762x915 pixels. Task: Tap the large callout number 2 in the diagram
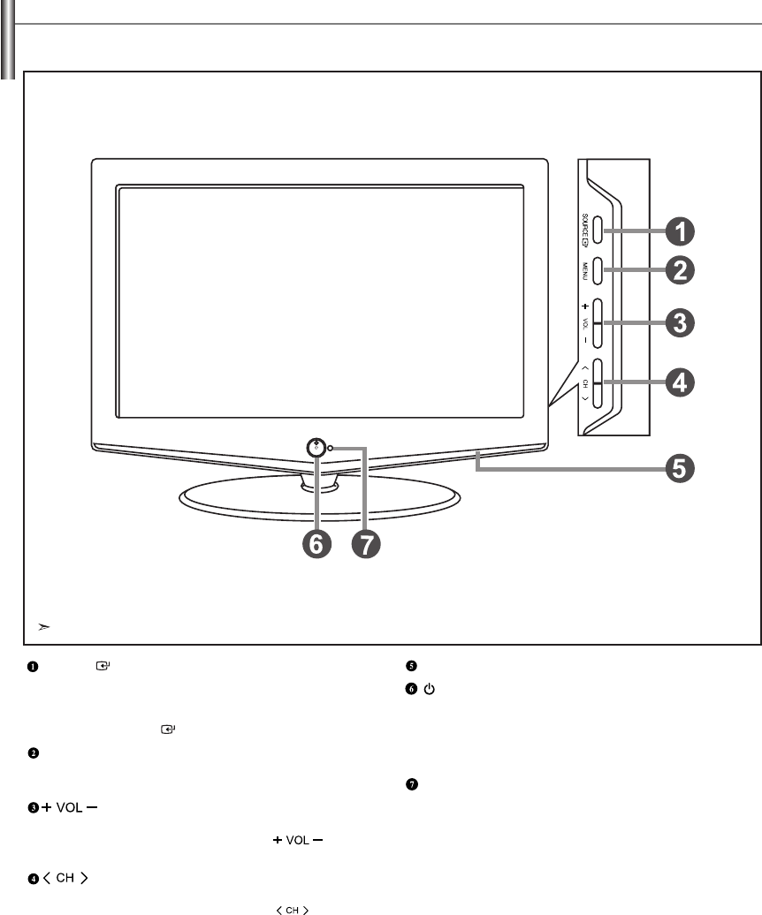click(x=679, y=270)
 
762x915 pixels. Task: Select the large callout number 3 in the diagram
click(x=679, y=322)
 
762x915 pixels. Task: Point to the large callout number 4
click(x=679, y=383)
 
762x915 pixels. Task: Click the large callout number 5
click(x=679, y=467)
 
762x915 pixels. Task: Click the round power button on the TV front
click(x=316, y=447)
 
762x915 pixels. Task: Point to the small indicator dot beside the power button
click(x=331, y=450)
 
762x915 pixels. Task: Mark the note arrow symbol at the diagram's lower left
click(x=43, y=627)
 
